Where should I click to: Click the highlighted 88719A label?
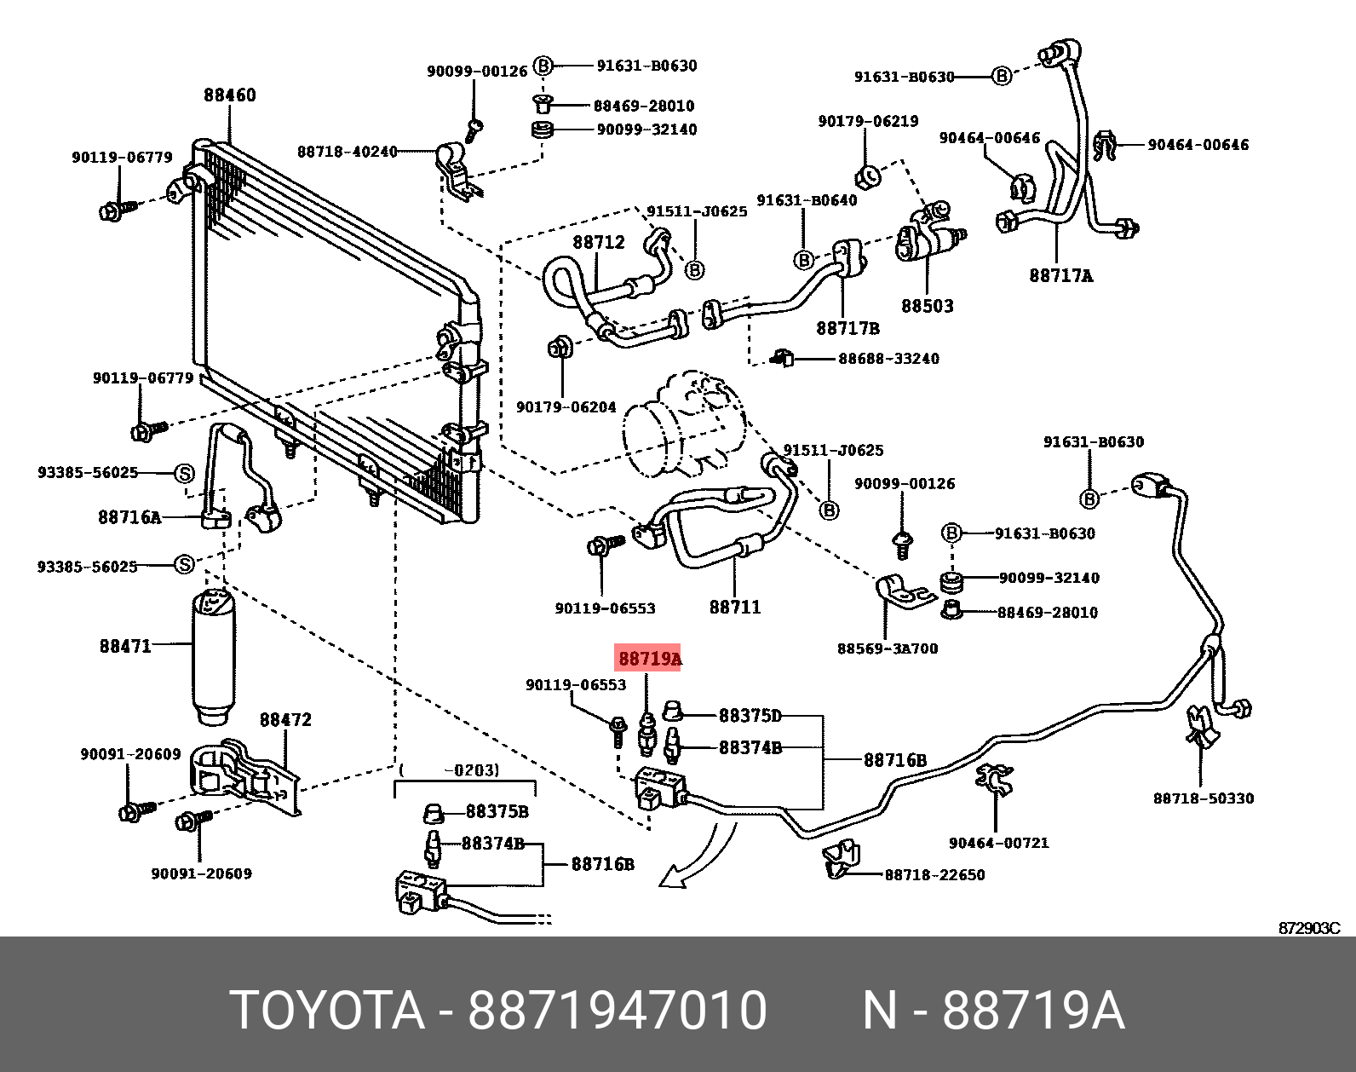pos(648,659)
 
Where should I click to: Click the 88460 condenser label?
pos(229,95)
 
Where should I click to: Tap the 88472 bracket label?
pos(285,720)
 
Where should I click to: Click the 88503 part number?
pos(927,306)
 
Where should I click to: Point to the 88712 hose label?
pos(599,242)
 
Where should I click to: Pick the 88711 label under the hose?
pos(734,607)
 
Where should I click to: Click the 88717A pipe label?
pos(1060,275)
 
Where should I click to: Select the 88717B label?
pos(847,328)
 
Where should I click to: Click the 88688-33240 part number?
pos(888,359)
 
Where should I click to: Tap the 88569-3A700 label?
pos(887,648)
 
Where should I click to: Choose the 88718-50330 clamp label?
pos(1203,798)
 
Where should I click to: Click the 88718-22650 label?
pos(934,875)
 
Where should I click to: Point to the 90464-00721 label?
pos(998,843)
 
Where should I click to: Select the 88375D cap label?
pos(750,716)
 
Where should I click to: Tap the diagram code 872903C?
pos(1308,928)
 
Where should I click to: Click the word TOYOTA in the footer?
pos(327,1011)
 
